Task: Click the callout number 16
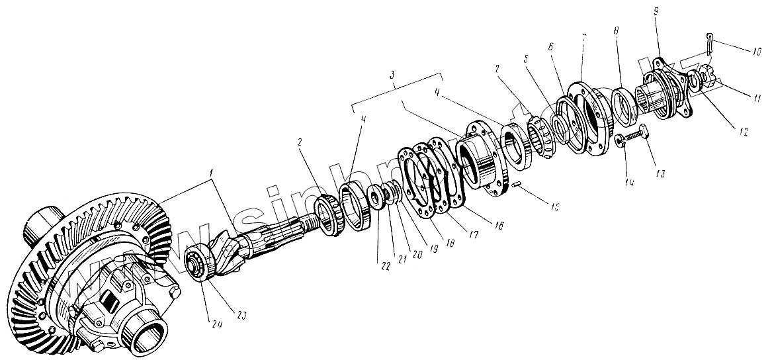point(498,226)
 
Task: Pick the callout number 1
point(211,173)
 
